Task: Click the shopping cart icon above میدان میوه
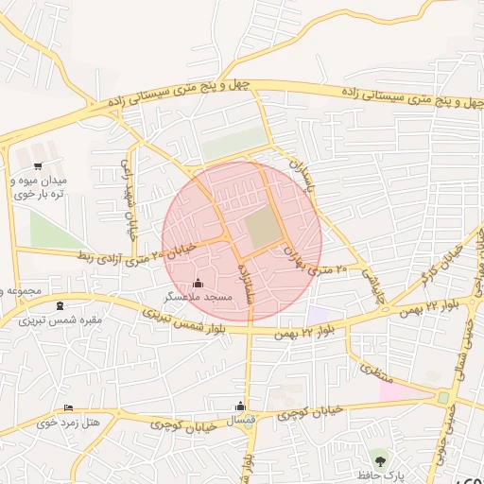click(37, 165)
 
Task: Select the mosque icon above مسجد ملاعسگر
click(197, 283)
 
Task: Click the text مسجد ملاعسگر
click(197, 297)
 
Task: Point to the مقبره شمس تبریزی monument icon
click(61, 305)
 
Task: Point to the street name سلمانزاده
click(248, 284)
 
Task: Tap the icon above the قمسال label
click(244, 406)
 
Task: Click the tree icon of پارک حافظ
click(380, 460)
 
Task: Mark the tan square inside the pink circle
click(264, 228)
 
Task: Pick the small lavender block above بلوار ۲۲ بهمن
click(318, 315)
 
